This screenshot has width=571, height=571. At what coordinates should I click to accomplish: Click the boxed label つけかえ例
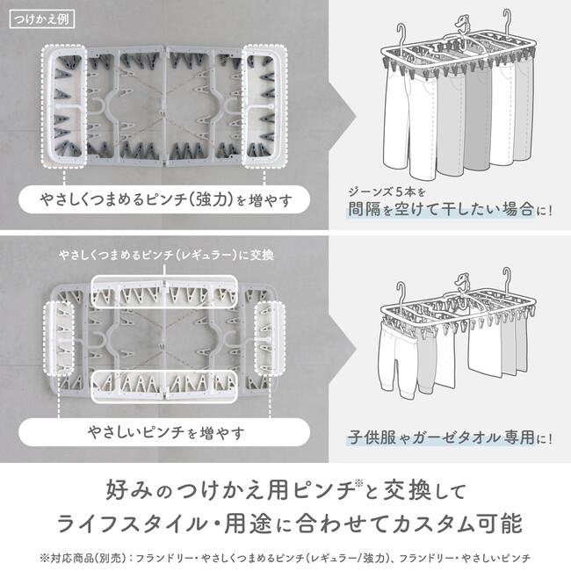[42, 19]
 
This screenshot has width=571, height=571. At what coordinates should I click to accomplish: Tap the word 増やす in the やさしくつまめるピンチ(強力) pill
[271, 200]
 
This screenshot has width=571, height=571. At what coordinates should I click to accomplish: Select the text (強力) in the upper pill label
[210, 199]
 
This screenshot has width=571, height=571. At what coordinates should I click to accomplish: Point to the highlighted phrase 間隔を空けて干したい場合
[441, 209]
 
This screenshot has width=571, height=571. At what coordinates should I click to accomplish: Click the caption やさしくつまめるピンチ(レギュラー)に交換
[166, 255]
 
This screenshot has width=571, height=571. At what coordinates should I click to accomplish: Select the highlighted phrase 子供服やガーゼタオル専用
[441, 437]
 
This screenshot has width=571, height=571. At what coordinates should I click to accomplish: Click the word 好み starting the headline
[129, 490]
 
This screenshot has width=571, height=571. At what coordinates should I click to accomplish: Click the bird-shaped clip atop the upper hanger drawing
[462, 24]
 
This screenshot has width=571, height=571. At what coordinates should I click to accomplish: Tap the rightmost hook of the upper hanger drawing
[507, 22]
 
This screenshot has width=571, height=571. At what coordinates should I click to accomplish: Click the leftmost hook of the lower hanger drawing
[401, 295]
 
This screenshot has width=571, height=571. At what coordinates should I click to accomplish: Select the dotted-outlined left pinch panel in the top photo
[64, 106]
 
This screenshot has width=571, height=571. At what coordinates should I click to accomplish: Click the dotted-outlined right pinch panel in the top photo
[264, 106]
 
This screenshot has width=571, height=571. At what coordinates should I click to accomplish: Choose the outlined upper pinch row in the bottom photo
[164, 292]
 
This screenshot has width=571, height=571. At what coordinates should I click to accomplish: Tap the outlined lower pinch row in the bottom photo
[164, 387]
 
